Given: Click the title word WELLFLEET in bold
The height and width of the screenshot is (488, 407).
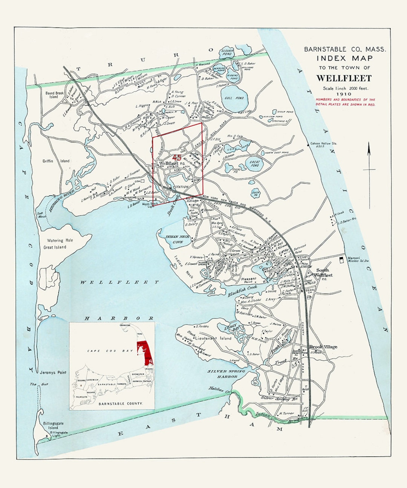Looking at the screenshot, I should (x=344, y=78).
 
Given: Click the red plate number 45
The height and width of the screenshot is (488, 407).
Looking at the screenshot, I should (x=176, y=157).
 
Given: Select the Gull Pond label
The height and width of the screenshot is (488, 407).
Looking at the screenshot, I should (x=234, y=98).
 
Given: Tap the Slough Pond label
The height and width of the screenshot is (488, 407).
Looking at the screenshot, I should (x=227, y=52).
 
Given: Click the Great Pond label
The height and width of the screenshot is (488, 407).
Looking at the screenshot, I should (x=255, y=164).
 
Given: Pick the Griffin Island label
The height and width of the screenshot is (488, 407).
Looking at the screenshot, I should (x=56, y=161).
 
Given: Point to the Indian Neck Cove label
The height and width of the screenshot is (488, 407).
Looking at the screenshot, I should (x=177, y=239).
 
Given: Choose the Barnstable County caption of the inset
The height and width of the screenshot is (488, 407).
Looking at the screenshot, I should (x=121, y=403).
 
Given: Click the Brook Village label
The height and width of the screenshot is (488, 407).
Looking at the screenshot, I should (x=323, y=347).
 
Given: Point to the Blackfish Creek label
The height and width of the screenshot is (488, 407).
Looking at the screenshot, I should (x=242, y=291).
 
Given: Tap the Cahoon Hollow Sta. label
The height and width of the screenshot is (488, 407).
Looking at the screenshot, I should (x=324, y=145).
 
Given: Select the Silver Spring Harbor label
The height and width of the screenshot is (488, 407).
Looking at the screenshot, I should (x=226, y=374).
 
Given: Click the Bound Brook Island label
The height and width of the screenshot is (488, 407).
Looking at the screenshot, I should (x=54, y=95).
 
